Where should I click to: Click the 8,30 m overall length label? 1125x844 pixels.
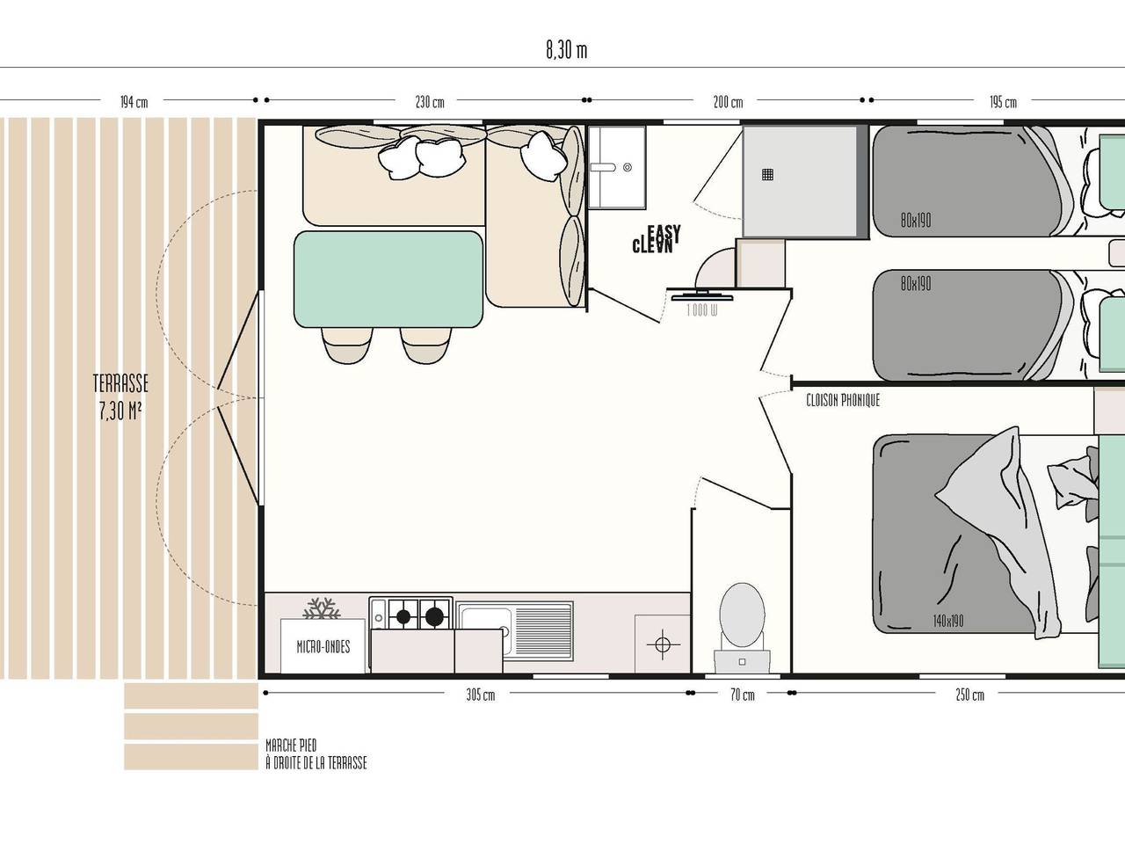coord(566,50)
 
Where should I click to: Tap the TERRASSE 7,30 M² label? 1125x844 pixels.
coord(120,397)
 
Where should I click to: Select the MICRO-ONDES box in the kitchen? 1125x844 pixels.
coord(323,647)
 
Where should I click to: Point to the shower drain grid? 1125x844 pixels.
coord(768,174)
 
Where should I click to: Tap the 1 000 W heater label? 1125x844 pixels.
coord(701,309)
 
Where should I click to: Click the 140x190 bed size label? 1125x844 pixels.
coord(947,621)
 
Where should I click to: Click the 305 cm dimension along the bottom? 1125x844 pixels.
coord(480,695)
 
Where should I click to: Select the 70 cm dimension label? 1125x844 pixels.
coord(742,695)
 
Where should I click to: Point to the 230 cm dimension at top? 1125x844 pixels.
coord(430,102)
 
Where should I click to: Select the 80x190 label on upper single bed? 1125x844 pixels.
coord(915,221)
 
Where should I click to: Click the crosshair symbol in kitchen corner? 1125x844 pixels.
coord(662,644)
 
